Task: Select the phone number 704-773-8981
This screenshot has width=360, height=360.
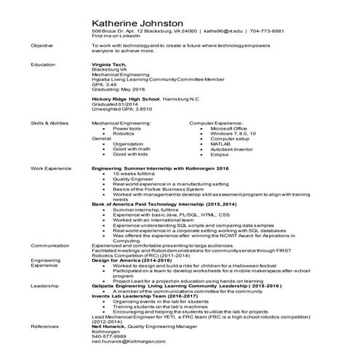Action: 268,32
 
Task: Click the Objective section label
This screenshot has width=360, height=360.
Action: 41,45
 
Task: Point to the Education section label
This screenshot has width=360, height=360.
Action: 42,64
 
